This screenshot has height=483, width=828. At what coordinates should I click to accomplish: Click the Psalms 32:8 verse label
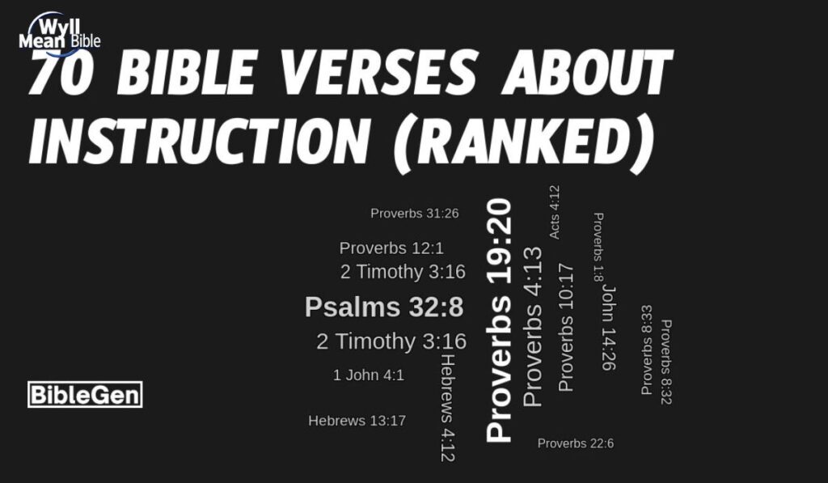(x=384, y=307)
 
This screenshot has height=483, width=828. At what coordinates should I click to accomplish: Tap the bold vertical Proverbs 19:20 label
(x=500, y=320)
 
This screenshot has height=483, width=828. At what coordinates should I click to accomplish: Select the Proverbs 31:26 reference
(x=415, y=214)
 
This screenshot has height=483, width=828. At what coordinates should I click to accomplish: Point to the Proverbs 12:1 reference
(x=391, y=248)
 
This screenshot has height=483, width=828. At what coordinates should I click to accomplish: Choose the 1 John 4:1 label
(x=368, y=375)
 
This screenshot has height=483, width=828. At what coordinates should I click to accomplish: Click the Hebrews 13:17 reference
(x=357, y=421)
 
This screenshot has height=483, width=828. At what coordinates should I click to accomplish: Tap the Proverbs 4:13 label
(x=533, y=327)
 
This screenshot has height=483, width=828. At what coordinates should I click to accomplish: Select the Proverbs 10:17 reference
(x=566, y=328)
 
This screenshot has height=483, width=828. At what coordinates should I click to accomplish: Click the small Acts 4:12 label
(x=554, y=213)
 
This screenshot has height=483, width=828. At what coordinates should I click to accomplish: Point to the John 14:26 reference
(x=608, y=327)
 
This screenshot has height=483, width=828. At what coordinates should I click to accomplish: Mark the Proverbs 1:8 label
(x=599, y=248)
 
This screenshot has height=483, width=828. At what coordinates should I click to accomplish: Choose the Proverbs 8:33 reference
(x=647, y=350)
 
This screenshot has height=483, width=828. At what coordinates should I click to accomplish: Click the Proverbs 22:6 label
(x=576, y=443)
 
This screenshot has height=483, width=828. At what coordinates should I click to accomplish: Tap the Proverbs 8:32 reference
(x=666, y=362)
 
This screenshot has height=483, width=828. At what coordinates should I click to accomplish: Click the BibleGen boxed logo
(x=85, y=395)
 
